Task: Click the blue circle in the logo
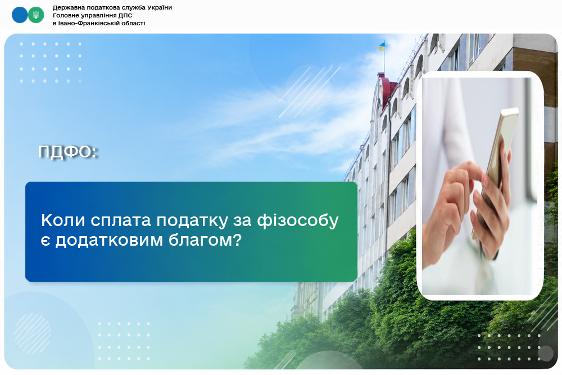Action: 20,15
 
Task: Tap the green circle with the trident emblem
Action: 36,15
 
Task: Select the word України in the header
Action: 158,7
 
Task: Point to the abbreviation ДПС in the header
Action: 125,15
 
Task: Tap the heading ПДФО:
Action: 68,152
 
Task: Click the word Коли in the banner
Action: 63,220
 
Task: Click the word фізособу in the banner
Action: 297,221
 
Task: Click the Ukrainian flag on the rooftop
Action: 382,46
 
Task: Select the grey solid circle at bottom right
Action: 546,354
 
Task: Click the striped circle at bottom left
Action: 33,333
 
